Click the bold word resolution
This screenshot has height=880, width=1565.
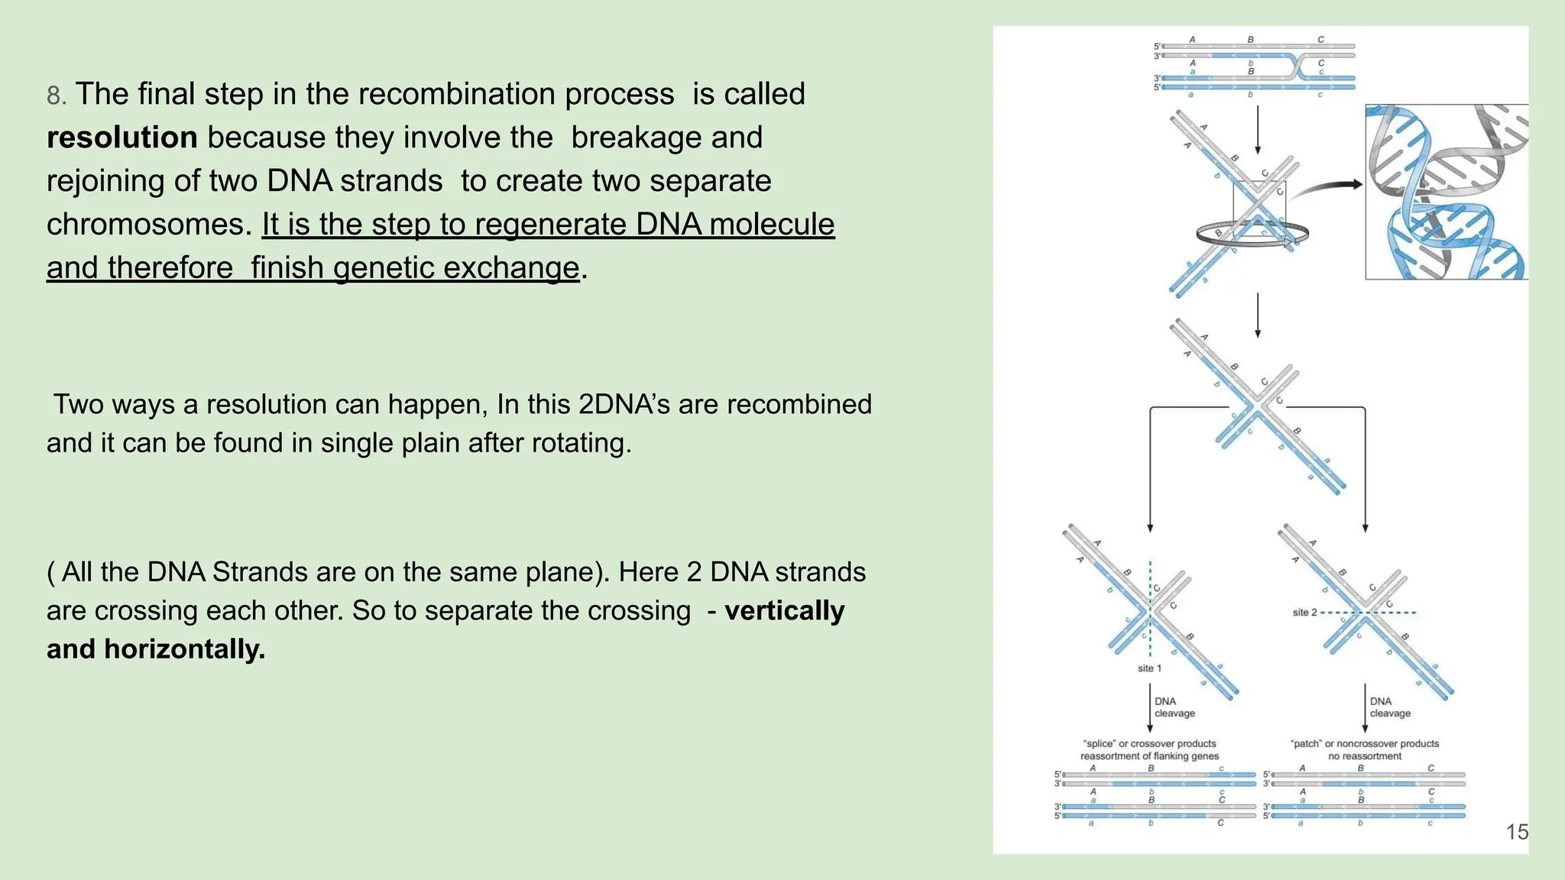click(122, 137)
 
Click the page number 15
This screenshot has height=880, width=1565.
click(1517, 832)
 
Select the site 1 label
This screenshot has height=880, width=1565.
click(1149, 668)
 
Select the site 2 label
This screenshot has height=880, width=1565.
click(1304, 613)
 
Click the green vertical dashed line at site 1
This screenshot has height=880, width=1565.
click(1150, 581)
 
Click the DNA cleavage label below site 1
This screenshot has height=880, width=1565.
click(1174, 707)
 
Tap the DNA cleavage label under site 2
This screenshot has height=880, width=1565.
click(1389, 707)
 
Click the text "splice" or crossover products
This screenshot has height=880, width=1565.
click(1149, 743)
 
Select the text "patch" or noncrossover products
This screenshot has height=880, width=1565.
click(1364, 743)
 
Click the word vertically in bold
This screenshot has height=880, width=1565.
click(784, 610)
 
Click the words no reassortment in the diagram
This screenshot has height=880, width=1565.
click(1364, 756)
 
